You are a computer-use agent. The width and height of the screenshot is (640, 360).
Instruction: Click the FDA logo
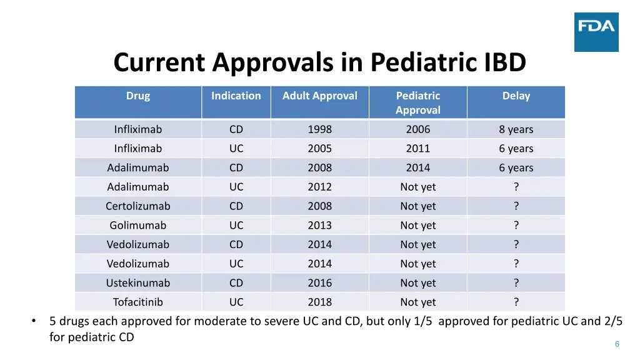596,32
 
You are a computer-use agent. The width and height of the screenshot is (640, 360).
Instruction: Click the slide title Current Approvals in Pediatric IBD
319,62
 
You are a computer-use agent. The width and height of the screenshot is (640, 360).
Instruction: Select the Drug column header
138,96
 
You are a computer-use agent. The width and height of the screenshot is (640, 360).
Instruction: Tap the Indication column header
236,96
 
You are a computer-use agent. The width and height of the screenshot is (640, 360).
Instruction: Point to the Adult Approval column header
319,96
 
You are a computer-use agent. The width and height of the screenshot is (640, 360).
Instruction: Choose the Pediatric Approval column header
418,103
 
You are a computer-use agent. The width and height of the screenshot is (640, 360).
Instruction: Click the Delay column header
516,96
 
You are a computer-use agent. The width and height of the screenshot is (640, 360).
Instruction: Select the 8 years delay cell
516,130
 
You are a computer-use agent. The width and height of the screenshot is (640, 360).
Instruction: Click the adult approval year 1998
319,130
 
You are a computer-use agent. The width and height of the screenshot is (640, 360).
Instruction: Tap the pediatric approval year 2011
418,149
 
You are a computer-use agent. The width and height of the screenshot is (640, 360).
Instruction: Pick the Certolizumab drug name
138,206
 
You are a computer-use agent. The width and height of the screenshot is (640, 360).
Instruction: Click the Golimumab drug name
138,226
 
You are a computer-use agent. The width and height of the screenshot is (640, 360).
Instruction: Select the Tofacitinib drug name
138,302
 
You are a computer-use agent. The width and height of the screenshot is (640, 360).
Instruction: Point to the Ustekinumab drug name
138,283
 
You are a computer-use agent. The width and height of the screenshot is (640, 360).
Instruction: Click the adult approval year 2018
319,302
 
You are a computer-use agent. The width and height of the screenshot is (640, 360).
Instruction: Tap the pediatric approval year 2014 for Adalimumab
418,168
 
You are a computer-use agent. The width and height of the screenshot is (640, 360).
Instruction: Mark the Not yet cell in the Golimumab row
418,226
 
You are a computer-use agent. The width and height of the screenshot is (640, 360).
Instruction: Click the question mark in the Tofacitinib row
516,302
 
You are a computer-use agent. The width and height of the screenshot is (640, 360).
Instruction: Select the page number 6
617,344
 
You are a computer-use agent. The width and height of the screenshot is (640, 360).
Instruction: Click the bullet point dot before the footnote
34,322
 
